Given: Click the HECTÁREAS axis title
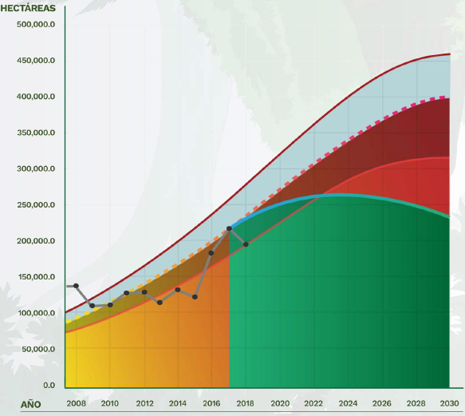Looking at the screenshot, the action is pyautogui.click(x=28, y=8).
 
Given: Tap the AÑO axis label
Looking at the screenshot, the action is pyautogui.click(x=31, y=404).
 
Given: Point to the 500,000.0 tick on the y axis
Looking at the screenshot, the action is pyautogui.click(x=36, y=24).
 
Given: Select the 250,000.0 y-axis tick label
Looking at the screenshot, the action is pyautogui.click(x=36, y=205).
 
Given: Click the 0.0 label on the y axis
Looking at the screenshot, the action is pyautogui.click(x=49, y=385).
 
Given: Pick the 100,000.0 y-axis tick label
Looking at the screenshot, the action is pyautogui.click(x=37, y=313).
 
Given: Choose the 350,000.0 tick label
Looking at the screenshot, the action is pyautogui.click(x=36, y=133).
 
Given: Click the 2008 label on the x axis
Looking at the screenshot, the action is pyautogui.click(x=76, y=403).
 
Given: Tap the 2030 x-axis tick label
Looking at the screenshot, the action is pyautogui.click(x=449, y=403).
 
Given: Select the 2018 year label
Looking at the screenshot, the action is pyautogui.click(x=245, y=403).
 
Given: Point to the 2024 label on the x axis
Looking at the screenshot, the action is pyautogui.click(x=348, y=403).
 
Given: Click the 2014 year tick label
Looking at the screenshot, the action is pyautogui.click(x=178, y=403).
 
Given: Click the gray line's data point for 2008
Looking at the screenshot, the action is pyautogui.click(x=76, y=286).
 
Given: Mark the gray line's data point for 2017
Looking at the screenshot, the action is pyautogui.click(x=229, y=228).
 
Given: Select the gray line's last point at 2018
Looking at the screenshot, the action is pyautogui.click(x=246, y=244).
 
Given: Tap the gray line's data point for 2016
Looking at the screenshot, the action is pyautogui.click(x=211, y=253).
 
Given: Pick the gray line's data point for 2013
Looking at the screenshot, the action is pyautogui.click(x=160, y=303).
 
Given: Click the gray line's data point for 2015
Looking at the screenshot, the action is pyautogui.click(x=195, y=297).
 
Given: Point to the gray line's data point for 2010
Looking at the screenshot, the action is pyautogui.click(x=110, y=305).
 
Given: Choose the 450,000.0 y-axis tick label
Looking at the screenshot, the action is pyautogui.click(x=36, y=61).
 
